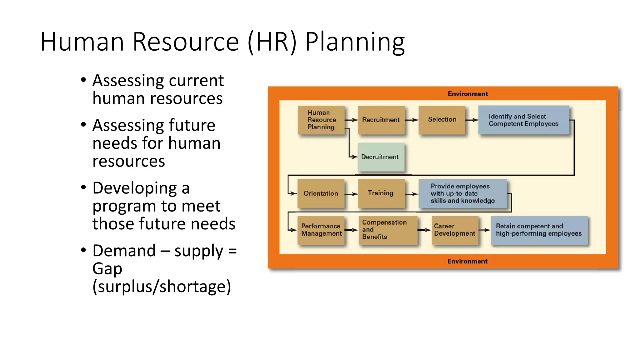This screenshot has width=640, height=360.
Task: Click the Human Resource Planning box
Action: [321, 120]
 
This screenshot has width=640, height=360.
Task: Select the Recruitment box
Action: [381, 120]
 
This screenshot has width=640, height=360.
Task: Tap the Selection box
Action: [442, 120]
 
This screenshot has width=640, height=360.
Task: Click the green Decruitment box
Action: [381, 157]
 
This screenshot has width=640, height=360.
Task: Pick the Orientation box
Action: [321, 193]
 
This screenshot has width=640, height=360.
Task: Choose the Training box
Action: [381, 193]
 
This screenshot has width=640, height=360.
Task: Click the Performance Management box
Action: [321, 230]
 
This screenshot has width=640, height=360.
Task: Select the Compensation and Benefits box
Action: [387, 230]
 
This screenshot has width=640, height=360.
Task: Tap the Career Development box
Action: [455, 230]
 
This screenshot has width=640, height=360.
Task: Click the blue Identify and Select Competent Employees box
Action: [523, 120]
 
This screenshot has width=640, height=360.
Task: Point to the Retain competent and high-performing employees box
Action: [539, 230]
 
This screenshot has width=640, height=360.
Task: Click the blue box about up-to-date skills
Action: [462, 193]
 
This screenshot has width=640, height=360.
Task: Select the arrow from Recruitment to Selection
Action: [412, 120]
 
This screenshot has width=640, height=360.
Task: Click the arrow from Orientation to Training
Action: [351, 194]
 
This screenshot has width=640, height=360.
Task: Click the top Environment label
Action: [467, 94]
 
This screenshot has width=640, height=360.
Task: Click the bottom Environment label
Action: [467, 261]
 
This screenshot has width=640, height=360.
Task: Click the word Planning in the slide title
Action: [355, 42]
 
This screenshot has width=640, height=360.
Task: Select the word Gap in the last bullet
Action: [107, 269]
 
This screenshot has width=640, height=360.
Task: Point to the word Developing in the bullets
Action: [135, 188]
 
